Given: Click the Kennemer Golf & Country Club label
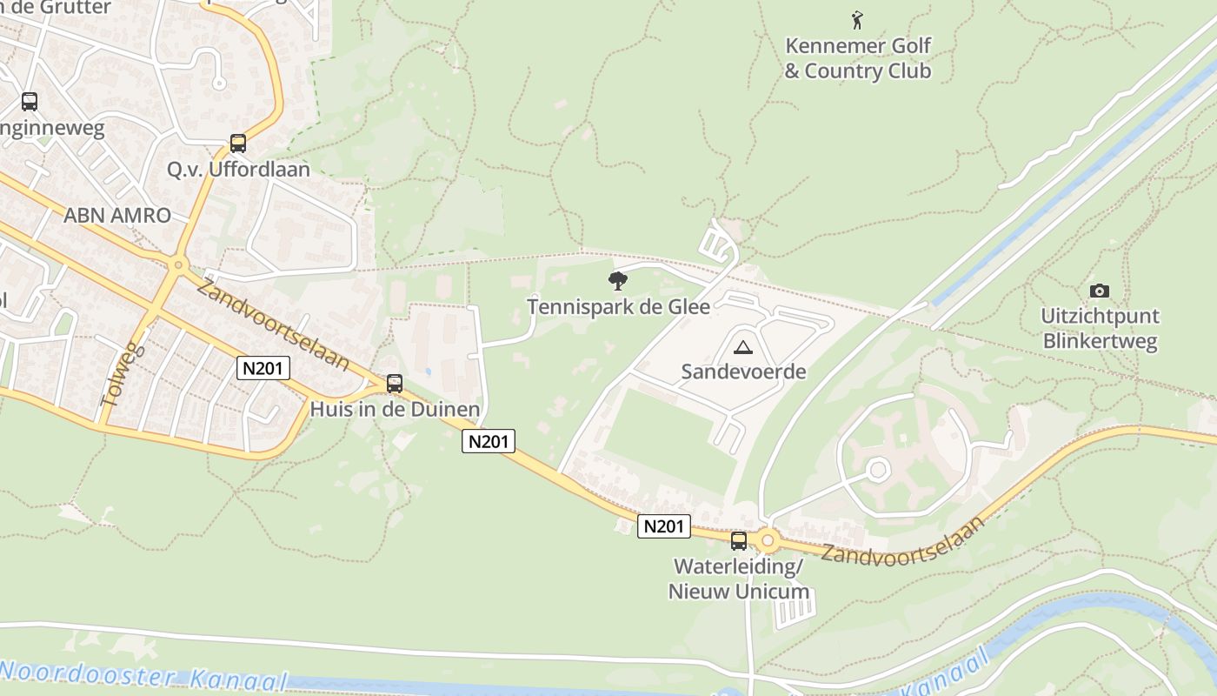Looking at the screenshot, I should coord(858,58).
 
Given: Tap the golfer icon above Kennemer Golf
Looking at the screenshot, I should coord(858,18).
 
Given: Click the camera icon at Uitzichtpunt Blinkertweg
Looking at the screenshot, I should coord(1099,291).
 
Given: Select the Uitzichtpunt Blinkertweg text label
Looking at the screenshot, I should coord(1100,328).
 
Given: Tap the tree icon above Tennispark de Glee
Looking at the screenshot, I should coord(618,280).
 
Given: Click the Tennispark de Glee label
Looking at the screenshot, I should coord(618,306).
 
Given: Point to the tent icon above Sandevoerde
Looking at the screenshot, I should coord(742,348).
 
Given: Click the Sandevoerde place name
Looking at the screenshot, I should coord(743,372).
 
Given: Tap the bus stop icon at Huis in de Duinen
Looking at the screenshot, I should coord(395,384).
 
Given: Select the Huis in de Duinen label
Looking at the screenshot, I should coord(396,409).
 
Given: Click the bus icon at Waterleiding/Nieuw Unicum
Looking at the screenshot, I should coord(739,541).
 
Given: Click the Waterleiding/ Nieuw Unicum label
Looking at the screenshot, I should coord(739,579).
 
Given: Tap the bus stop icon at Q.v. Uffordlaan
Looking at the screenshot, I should coord(238,144).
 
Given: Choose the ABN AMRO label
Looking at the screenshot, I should coord(117,216).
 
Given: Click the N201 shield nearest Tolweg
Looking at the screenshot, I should coord(262,368).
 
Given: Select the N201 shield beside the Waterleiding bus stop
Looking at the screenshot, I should coord(664,525).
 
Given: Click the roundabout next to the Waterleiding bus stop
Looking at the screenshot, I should coord(768,541).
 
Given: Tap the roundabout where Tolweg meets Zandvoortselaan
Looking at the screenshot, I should coord(178,264).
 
